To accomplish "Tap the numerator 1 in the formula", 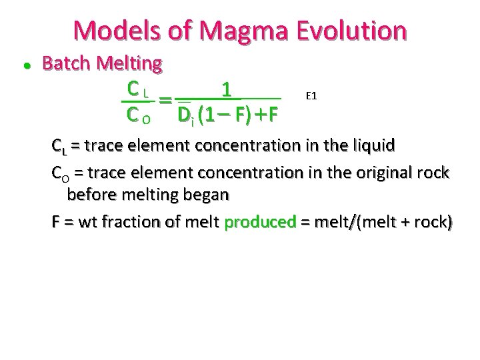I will (227, 89).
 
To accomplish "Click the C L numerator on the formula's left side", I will (137, 88).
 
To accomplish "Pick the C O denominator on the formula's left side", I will (139, 115).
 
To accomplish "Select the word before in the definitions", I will (91, 195).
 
